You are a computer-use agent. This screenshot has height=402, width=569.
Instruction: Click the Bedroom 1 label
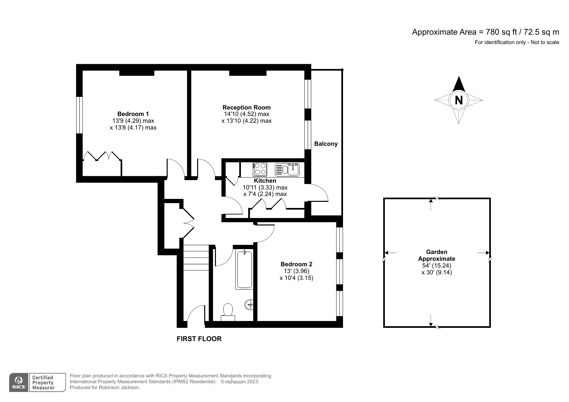pyautogui.click(x=133, y=114)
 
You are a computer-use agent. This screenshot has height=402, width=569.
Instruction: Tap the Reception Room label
pyautogui.click(x=246, y=107)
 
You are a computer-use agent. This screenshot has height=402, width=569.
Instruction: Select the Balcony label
pyautogui.click(x=326, y=144)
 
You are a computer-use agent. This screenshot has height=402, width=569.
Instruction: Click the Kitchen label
pyautogui.click(x=265, y=181)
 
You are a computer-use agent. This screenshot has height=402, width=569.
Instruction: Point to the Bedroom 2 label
pyautogui.click(x=296, y=264)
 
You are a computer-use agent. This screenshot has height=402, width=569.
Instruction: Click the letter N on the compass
pyautogui.click(x=458, y=100)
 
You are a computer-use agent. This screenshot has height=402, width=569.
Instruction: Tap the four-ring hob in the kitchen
pyautogui.click(x=260, y=169)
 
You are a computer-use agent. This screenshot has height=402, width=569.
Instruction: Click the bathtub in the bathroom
pyautogui.click(x=244, y=270)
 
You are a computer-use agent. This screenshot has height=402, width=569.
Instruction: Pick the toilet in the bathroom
pyautogui.click(x=228, y=311)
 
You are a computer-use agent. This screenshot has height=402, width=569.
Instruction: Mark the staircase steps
pyautogui.click(x=196, y=258)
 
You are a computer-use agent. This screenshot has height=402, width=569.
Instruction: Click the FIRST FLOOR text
pyautogui.click(x=199, y=339)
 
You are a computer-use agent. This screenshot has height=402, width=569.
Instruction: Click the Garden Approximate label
pyautogui.click(x=436, y=255)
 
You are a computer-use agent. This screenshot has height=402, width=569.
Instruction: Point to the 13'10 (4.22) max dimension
pyautogui.click(x=246, y=121)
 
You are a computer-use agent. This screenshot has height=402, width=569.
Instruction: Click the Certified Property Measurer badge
pyautogui.click(x=43, y=383)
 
